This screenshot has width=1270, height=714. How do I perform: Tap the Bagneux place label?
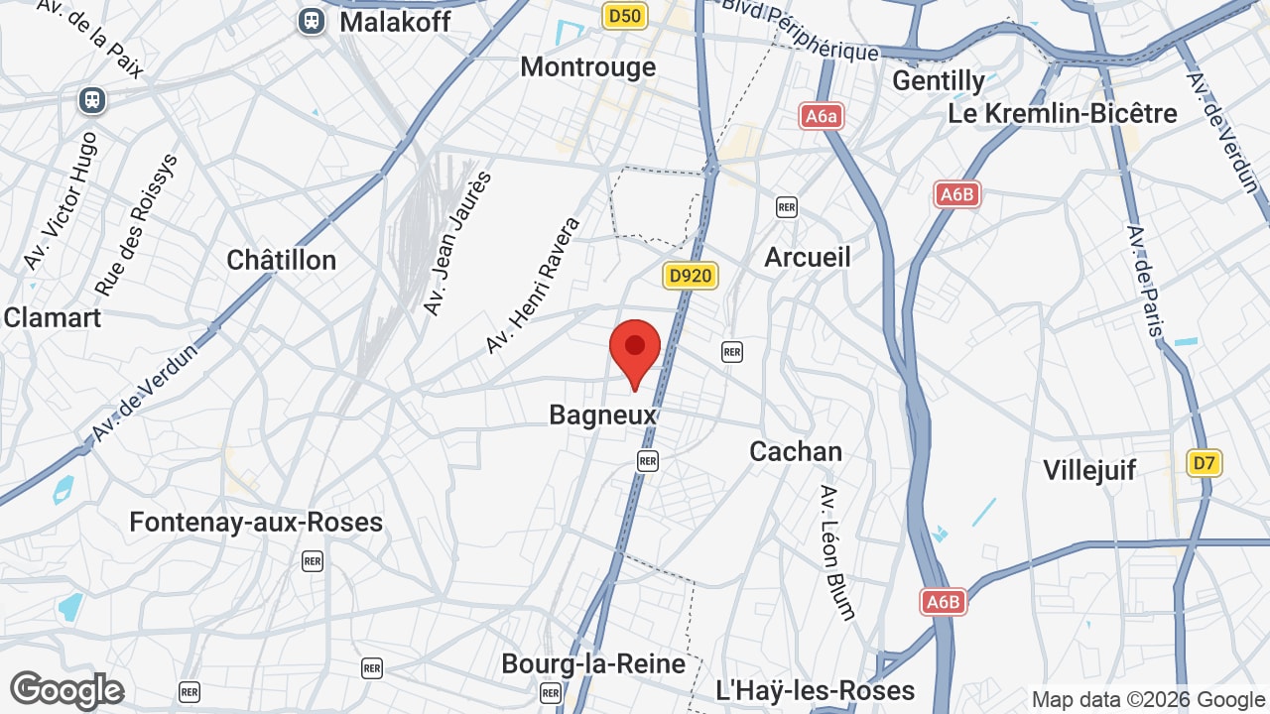603,415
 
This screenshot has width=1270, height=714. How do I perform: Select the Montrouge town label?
588,66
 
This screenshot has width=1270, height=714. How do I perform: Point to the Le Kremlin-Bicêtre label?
1063,113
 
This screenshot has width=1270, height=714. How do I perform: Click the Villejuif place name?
1089,470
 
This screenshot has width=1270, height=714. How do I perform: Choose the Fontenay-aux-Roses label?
256,522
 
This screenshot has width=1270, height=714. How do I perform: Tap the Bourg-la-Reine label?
593,663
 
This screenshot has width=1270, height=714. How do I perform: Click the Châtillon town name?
282,260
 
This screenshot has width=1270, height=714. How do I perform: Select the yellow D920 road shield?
690,275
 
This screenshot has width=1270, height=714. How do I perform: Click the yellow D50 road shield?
625,15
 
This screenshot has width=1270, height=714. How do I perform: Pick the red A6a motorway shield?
822,116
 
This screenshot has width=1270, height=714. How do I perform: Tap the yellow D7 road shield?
1204,462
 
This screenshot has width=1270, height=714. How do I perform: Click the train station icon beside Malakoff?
312,21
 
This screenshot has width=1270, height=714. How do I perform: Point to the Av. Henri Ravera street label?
533,286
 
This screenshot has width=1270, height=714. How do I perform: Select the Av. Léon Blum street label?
837,552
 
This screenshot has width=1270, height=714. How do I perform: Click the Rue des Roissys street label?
137,224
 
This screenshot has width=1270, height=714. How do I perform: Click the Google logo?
66,690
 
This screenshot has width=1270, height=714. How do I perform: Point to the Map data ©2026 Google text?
1148,699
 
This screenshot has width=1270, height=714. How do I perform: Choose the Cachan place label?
796,451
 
